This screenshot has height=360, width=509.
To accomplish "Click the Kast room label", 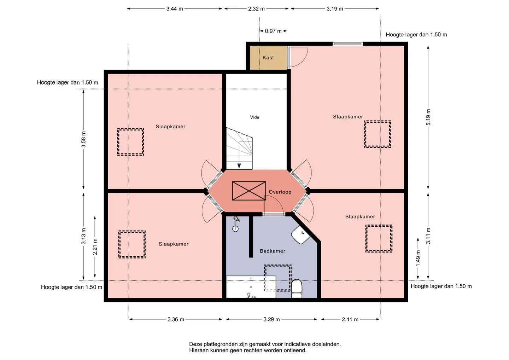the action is [268, 58].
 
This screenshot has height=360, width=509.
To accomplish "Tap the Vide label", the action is [255, 117].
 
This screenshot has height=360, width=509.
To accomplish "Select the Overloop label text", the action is [280, 192].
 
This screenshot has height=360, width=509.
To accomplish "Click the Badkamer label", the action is [273, 251].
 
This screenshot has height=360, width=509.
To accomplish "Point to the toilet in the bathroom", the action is [297, 289].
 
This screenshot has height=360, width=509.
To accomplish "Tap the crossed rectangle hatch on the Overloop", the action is [249, 191].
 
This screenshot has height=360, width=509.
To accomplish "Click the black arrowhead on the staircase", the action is [239, 166].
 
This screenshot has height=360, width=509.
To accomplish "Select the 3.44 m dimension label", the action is [175, 9].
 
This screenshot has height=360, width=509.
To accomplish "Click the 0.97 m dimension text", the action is [273, 31].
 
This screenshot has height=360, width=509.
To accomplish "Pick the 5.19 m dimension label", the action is [428, 117].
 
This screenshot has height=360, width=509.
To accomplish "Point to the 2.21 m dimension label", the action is [95, 247].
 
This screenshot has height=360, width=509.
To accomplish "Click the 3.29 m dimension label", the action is [271, 319].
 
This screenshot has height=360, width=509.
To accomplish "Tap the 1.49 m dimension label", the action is [418, 258].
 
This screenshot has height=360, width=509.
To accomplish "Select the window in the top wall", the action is [348, 44].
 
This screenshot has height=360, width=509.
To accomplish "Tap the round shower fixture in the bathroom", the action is [235, 229].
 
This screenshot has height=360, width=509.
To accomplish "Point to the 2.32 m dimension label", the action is [256, 9].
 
